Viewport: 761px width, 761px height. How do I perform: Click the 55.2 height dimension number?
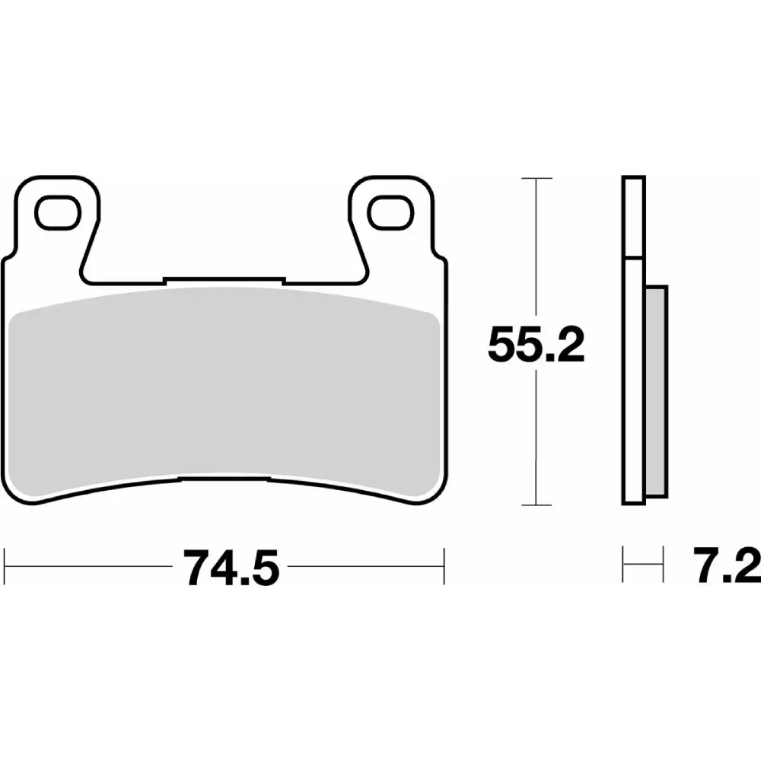[x=536, y=345]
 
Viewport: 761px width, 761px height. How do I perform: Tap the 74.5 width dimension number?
[x=231, y=568]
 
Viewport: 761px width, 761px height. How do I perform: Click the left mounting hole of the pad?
[x=58, y=212]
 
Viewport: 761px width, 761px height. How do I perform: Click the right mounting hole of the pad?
[x=390, y=212]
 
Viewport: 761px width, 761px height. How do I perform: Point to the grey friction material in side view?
[x=657, y=391]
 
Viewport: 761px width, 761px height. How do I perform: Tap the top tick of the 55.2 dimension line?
[x=537, y=178]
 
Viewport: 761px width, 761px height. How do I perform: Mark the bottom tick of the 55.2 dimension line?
[x=536, y=505]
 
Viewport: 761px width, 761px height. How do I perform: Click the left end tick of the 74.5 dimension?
[x=4, y=566]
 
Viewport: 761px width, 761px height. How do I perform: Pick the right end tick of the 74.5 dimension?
[x=444, y=566]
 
